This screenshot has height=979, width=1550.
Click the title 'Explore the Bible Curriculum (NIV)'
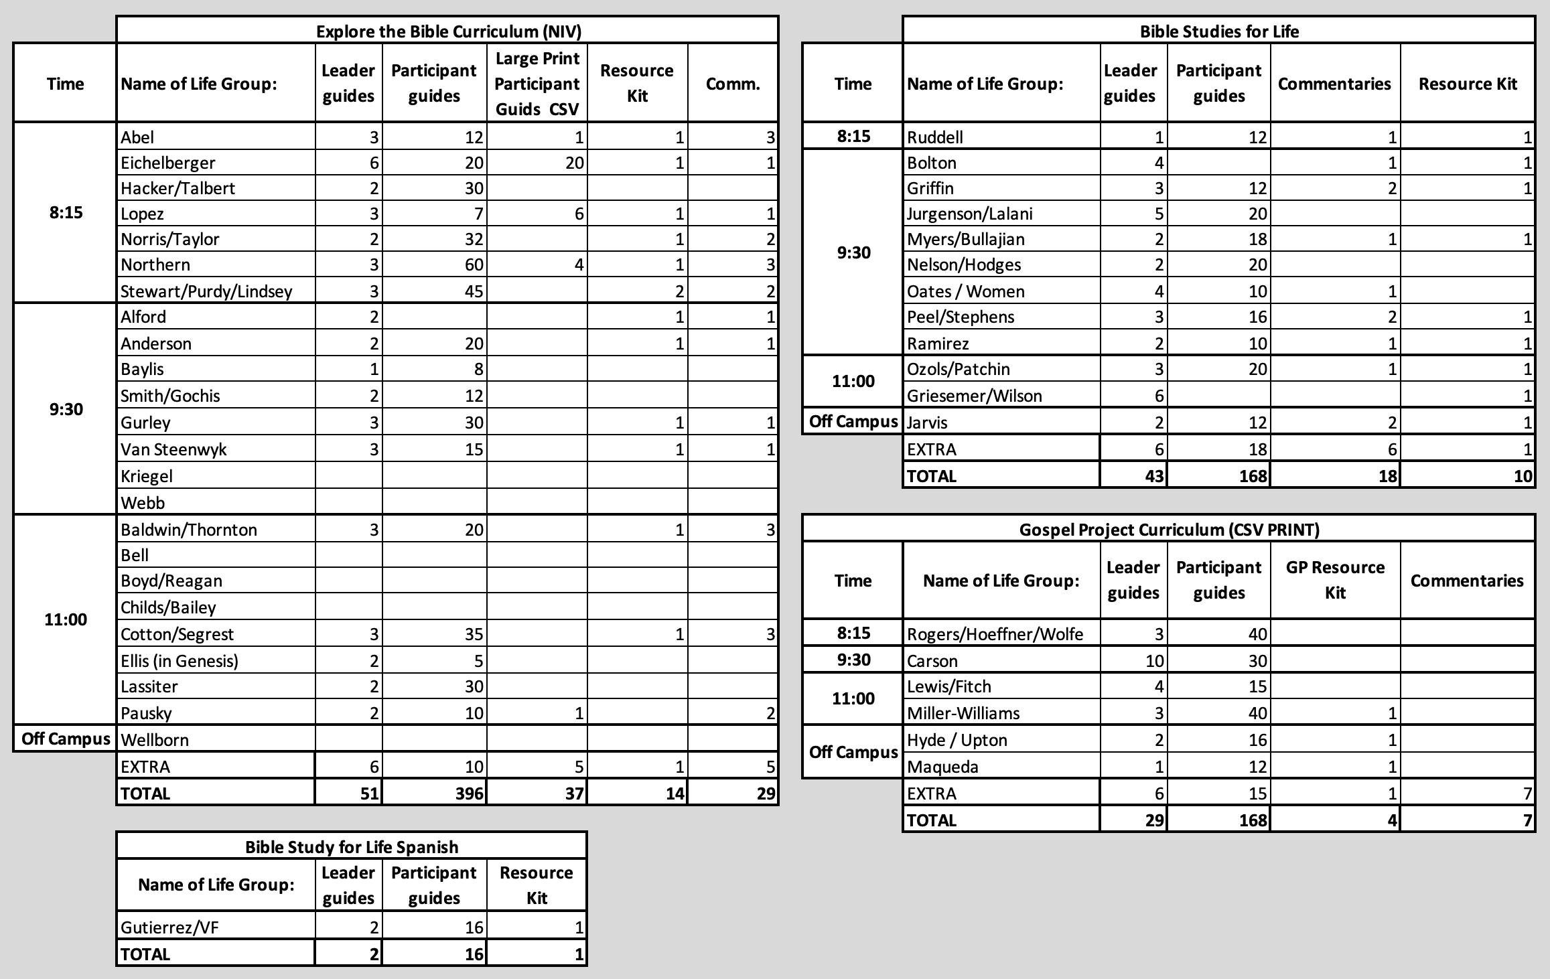click(448, 31)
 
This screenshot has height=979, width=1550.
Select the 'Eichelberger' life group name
click(167, 163)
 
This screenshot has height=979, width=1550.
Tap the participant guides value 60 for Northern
click(474, 265)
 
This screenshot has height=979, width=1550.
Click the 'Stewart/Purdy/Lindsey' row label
click(206, 291)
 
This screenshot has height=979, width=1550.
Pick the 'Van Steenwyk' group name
click(173, 449)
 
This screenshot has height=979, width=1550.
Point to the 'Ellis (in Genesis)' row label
click(180, 661)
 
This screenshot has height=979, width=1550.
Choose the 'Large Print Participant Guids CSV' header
click(537, 84)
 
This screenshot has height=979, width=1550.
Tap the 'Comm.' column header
click(733, 84)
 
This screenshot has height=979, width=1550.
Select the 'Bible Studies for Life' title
click(1219, 31)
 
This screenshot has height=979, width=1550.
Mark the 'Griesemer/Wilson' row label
click(974, 396)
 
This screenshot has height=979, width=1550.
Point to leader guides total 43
click(1154, 476)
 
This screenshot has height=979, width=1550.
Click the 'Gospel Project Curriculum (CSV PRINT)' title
click(1169, 530)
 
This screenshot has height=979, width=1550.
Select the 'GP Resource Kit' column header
click(1335, 580)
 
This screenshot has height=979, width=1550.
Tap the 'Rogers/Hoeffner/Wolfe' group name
click(995, 634)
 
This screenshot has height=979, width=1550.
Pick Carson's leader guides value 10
click(1154, 661)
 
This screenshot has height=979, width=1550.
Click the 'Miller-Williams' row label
click(963, 713)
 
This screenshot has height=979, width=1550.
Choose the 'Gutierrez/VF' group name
click(169, 927)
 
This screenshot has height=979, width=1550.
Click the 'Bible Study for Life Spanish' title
click(352, 847)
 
